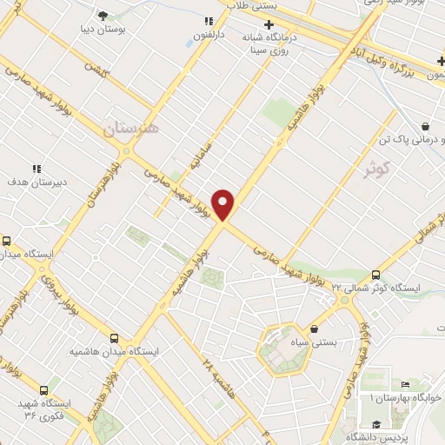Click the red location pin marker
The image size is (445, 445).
pyautogui.click(x=223, y=204)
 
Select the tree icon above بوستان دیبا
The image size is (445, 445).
pyautogui.click(x=103, y=16)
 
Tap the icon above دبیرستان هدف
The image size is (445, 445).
pyautogui.click(x=36, y=169)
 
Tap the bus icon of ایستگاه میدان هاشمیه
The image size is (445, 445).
pyautogui.click(x=115, y=338)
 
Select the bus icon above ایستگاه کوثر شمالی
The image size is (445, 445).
pyautogui.click(x=375, y=273)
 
